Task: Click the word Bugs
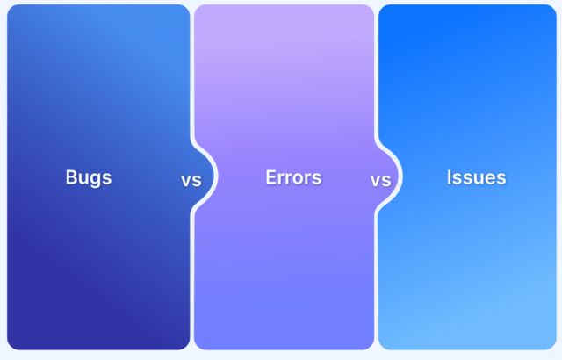89,177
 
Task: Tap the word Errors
293,177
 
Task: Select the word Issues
476,177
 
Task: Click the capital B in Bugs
71,177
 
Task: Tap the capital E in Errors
271,177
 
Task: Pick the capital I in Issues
450,177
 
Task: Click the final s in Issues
501,178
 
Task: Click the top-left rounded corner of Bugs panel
11,10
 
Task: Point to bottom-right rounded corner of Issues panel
551,345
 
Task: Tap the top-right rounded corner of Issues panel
551,10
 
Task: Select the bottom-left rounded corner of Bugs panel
11,345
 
